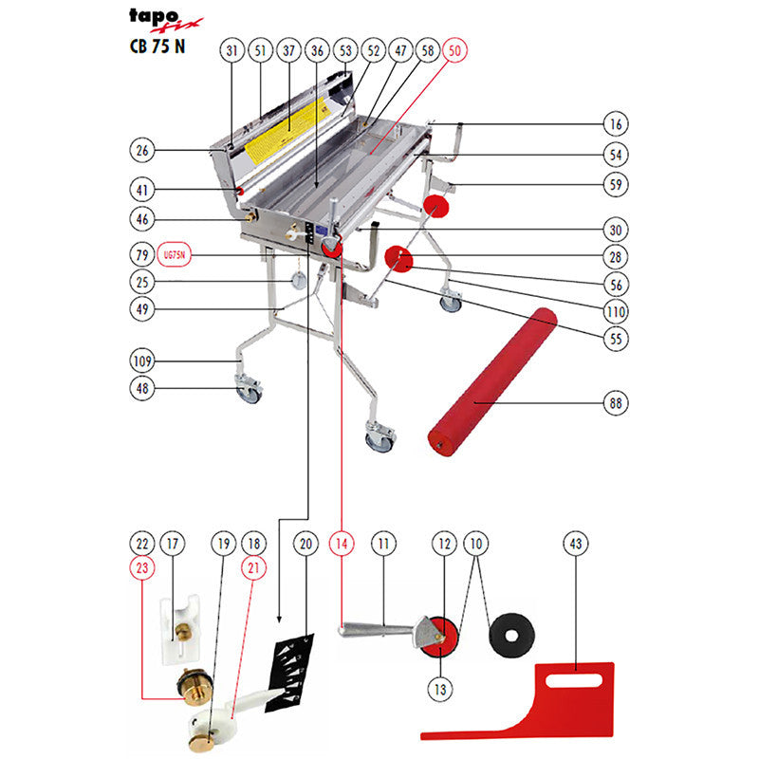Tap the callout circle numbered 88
coord(617,404)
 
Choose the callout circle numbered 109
coord(142,361)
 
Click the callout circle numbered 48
coord(142,388)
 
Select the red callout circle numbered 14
coord(342,545)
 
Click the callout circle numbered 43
coord(575,545)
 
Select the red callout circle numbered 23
coord(142,568)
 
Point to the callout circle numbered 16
coord(617,124)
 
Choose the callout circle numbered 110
coord(617,310)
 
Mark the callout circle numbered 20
coord(305,545)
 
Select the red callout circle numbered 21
coord(252,568)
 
